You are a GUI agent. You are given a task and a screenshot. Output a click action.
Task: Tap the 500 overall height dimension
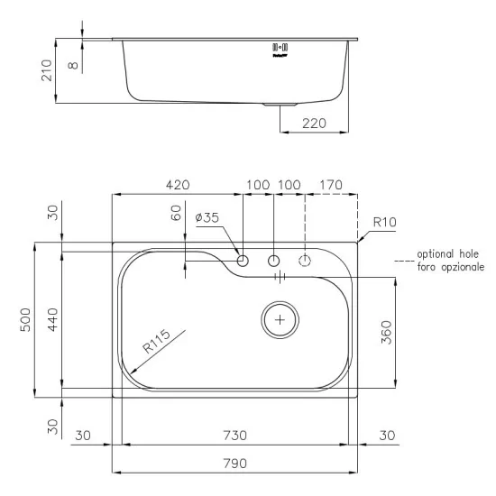27,318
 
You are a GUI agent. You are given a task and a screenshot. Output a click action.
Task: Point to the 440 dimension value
53,318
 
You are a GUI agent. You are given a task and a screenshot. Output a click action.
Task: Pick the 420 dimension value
177,185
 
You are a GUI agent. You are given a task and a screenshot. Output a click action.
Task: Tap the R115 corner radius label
156,344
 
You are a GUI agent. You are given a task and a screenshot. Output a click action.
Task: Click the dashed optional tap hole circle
306,261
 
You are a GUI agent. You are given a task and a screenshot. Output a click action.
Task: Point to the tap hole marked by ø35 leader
243,261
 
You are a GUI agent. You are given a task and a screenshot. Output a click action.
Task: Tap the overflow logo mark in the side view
280,48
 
